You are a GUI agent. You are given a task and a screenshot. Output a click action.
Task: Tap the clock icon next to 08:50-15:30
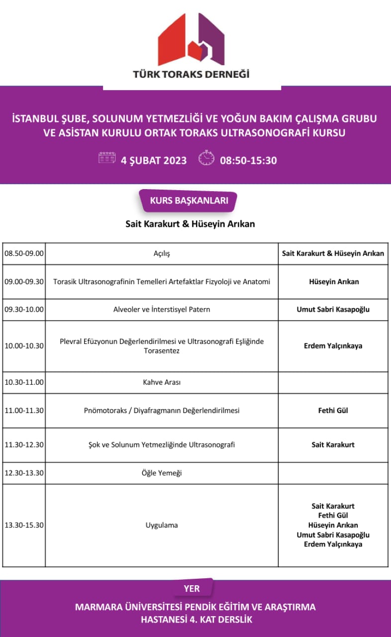click(206, 159)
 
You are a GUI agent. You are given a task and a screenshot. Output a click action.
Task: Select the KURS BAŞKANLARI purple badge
click(189, 201)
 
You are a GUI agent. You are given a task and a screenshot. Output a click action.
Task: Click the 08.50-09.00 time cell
click(24, 253)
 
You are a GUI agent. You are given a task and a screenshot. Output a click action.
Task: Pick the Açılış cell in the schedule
click(162, 253)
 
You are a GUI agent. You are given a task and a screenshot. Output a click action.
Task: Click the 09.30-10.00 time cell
click(24, 310)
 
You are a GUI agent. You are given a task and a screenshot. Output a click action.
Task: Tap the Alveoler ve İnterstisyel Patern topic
click(162, 310)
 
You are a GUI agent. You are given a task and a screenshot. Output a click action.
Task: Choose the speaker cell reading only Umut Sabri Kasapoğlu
click(333, 310)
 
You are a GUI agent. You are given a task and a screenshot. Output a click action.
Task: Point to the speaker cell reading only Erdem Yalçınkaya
click(333, 346)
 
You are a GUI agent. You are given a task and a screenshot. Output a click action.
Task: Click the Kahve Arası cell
click(162, 383)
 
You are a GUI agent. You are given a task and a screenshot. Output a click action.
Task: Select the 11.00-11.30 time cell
click(24, 411)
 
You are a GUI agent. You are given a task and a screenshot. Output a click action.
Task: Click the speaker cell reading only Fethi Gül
click(333, 411)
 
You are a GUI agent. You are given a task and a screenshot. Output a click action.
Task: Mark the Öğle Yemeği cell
click(162, 473)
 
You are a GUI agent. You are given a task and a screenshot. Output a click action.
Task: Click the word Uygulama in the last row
click(162, 525)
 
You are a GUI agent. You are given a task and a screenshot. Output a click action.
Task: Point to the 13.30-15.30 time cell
click(24, 525)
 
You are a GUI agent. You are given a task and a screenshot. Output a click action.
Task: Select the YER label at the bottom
click(192, 589)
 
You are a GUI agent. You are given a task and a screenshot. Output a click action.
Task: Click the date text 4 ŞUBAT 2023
click(154, 160)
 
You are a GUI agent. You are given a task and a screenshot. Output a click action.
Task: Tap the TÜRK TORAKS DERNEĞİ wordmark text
click(192, 75)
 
